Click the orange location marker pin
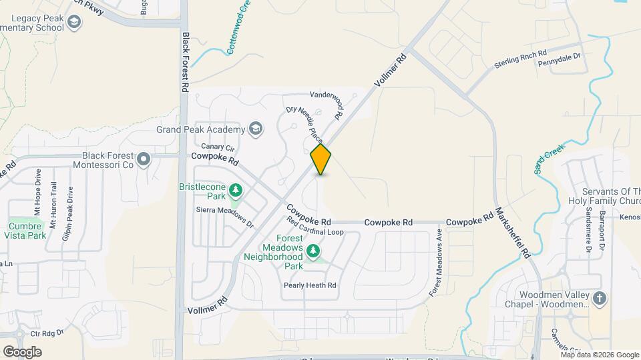(320, 159)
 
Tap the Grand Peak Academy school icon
(255, 128)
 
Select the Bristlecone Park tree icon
(235, 191)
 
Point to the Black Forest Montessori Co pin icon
(143, 159)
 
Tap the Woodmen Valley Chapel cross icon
(599, 298)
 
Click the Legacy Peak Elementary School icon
(74, 24)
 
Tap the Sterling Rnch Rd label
(520, 59)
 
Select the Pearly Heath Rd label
(309, 285)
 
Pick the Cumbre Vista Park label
(27, 230)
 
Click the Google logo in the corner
(22, 351)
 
